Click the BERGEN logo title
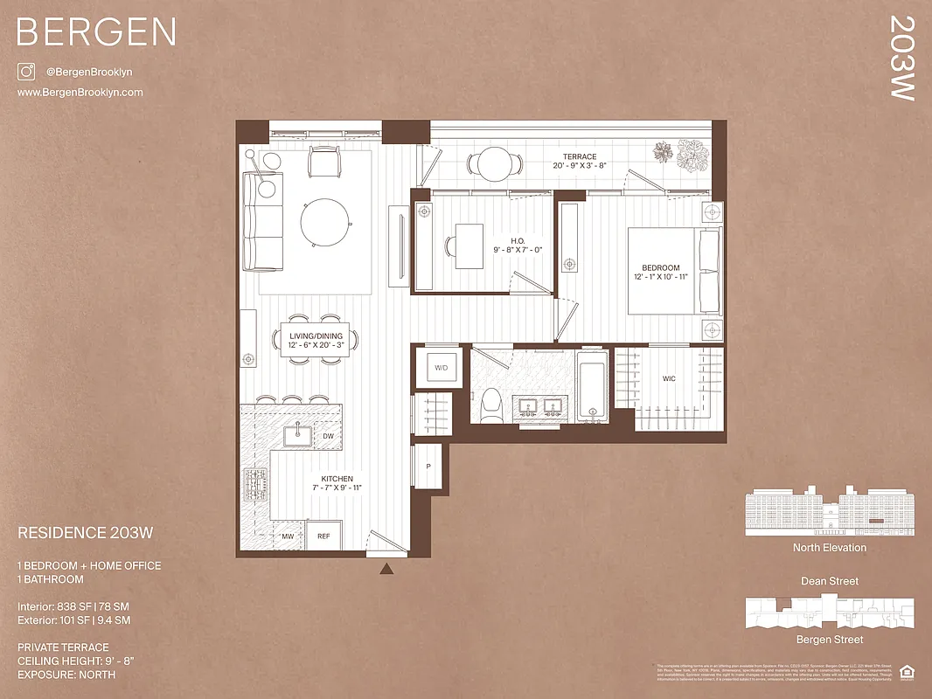(96, 32)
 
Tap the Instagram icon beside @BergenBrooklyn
(25, 73)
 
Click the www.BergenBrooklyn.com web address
(80, 92)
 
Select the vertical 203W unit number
(902, 58)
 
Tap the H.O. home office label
(518, 242)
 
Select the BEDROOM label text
(660, 268)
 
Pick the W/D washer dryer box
(441, 368)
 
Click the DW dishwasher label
(328, 435)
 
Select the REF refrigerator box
(323, 536)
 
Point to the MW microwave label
(286, 536)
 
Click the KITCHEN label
(337, 479)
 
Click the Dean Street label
(830, 581)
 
